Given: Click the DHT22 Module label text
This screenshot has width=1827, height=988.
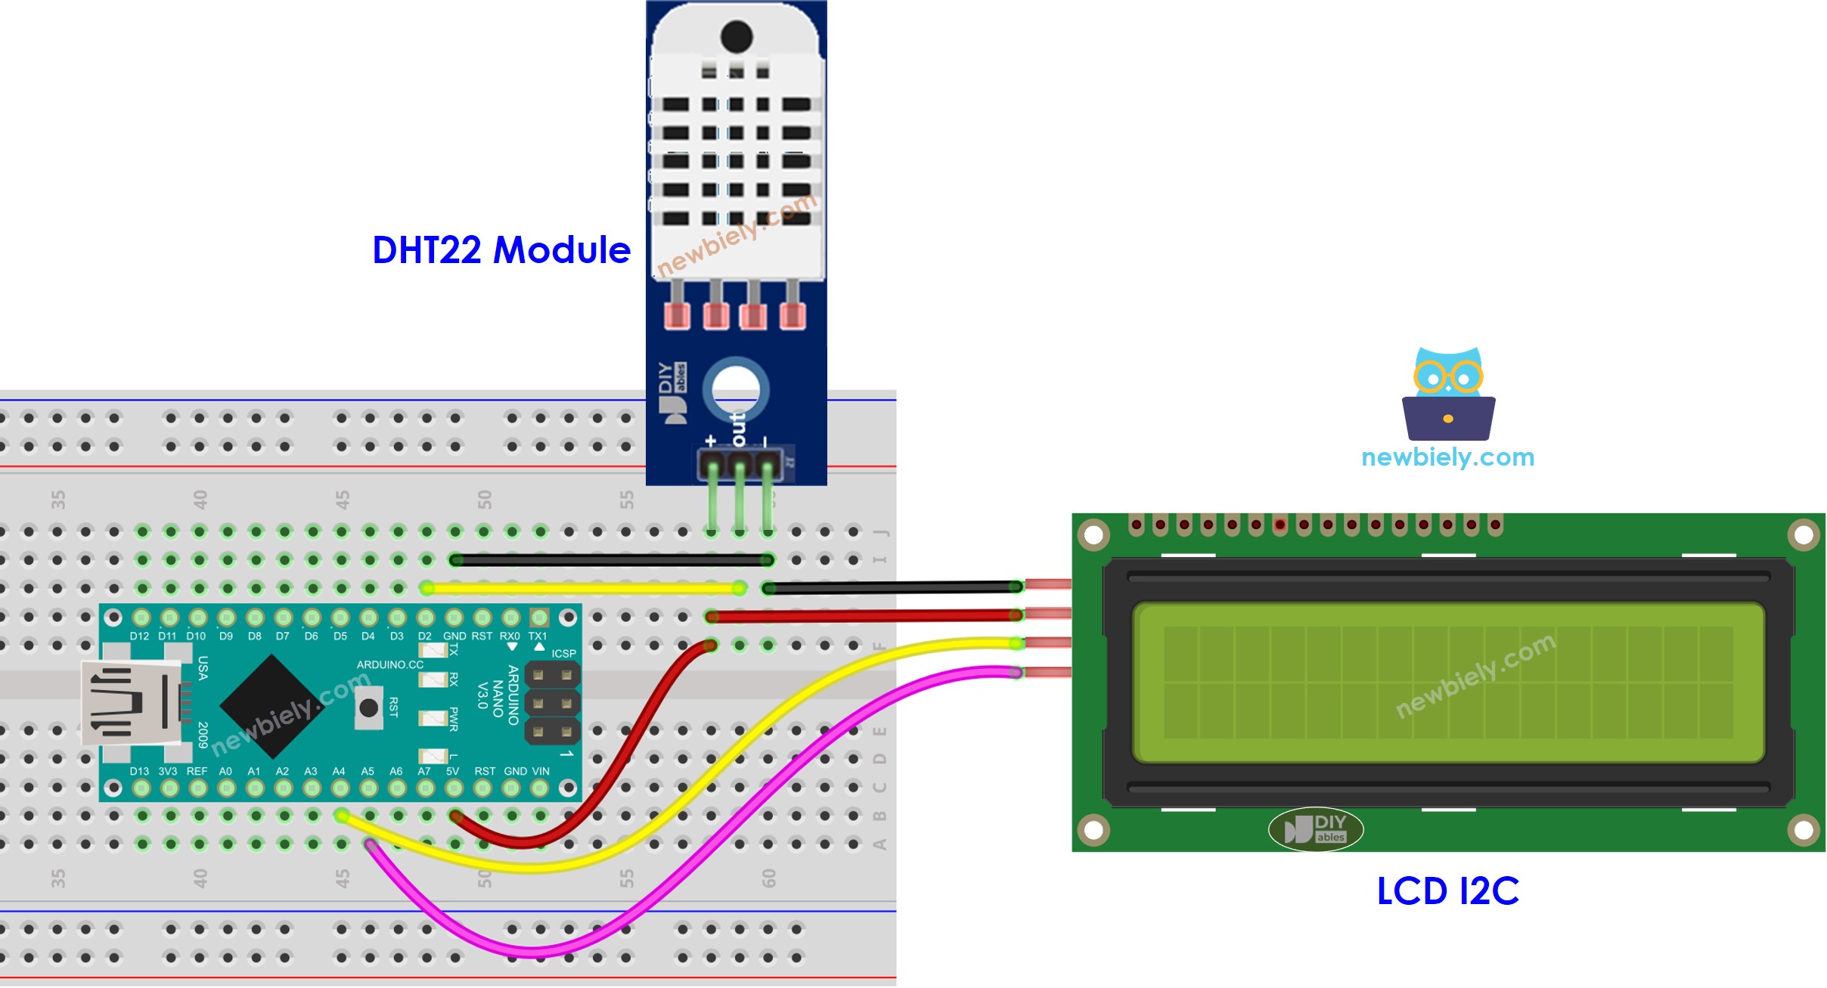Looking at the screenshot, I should pyautogui.click(x=501, y=250).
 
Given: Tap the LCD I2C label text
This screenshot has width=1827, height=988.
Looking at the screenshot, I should pyautogui.click(x=1447, y=891).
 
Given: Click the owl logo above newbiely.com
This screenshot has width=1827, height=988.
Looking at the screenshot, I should pyautogui.click(x=1448, y=394).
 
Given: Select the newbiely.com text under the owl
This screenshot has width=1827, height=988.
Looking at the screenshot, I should pyautogui.click(x=1447, y=457).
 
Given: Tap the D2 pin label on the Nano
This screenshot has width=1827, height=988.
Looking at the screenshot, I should pyautogui.click(x=425, y=636).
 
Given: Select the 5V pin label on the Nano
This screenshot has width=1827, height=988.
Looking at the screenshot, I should pyautogui.click(x=453, y=772).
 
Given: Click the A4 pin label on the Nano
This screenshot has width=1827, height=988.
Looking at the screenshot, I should pyautogui.click(x=339, y=772).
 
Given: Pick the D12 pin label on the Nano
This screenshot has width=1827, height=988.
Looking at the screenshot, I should pyautogui.click(x=139, y=636).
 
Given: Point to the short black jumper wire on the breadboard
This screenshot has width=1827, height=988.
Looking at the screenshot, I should pyautogui.click(x=611, y=560).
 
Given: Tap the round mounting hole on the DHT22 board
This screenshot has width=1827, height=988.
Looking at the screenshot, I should pyautogui.click(x=736, y=389).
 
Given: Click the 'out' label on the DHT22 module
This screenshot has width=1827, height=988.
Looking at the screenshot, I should pyautogui.click(x=739, y=429).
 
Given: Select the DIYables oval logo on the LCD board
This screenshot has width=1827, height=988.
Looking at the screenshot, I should pyautogui.click(x=1316, y=829).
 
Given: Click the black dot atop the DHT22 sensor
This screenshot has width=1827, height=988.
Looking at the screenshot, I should pyautogui.click(x=737, y=36).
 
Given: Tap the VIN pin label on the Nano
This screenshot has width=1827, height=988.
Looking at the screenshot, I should pyautogui.click(x=541, y=772).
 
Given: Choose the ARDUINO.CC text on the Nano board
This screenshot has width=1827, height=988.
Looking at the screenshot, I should pyautogui.click(x=390, y=665).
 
